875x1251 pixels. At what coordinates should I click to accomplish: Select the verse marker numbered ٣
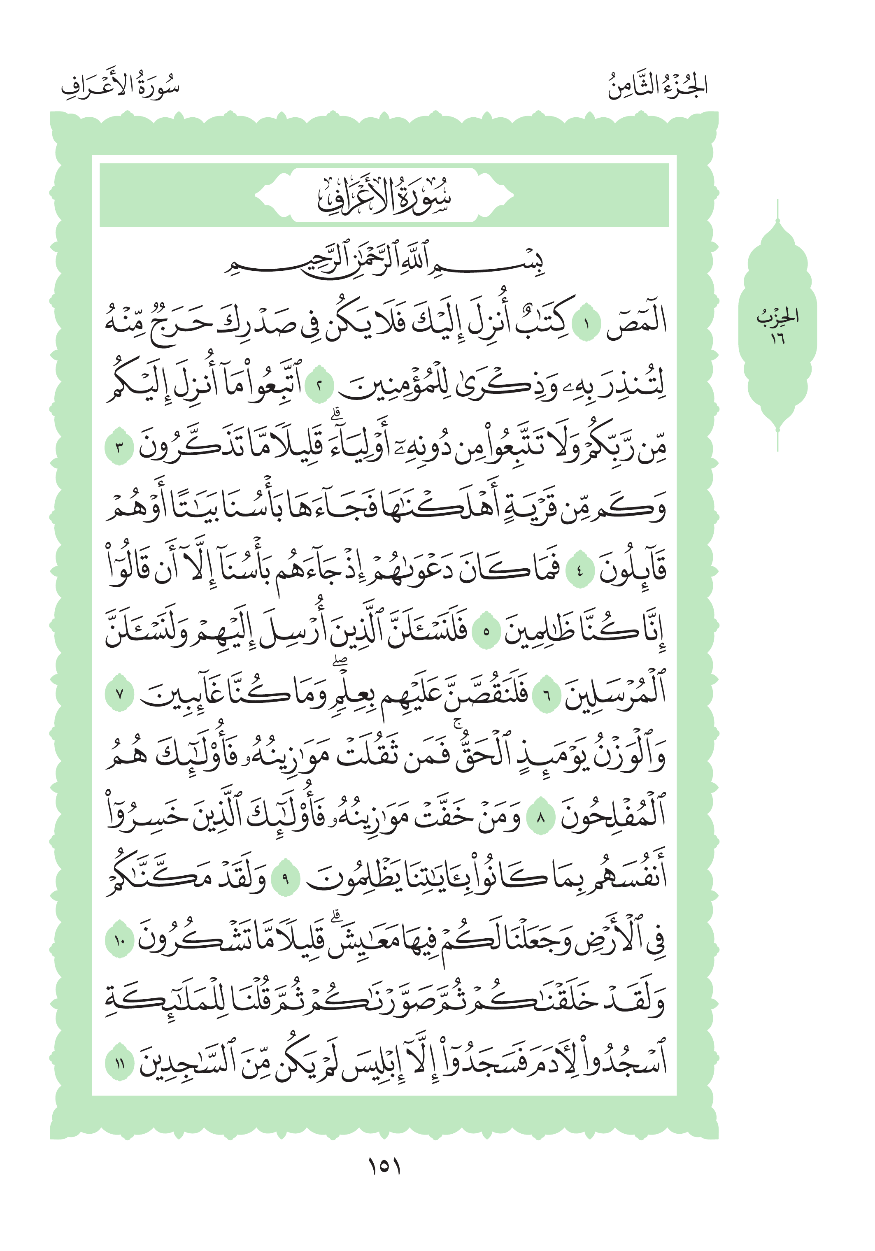119,449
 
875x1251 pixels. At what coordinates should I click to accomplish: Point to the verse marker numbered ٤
579,572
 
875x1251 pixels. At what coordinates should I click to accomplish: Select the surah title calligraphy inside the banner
384,195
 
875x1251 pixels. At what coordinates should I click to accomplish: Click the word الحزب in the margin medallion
777,316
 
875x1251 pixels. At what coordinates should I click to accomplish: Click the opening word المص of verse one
636,324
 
